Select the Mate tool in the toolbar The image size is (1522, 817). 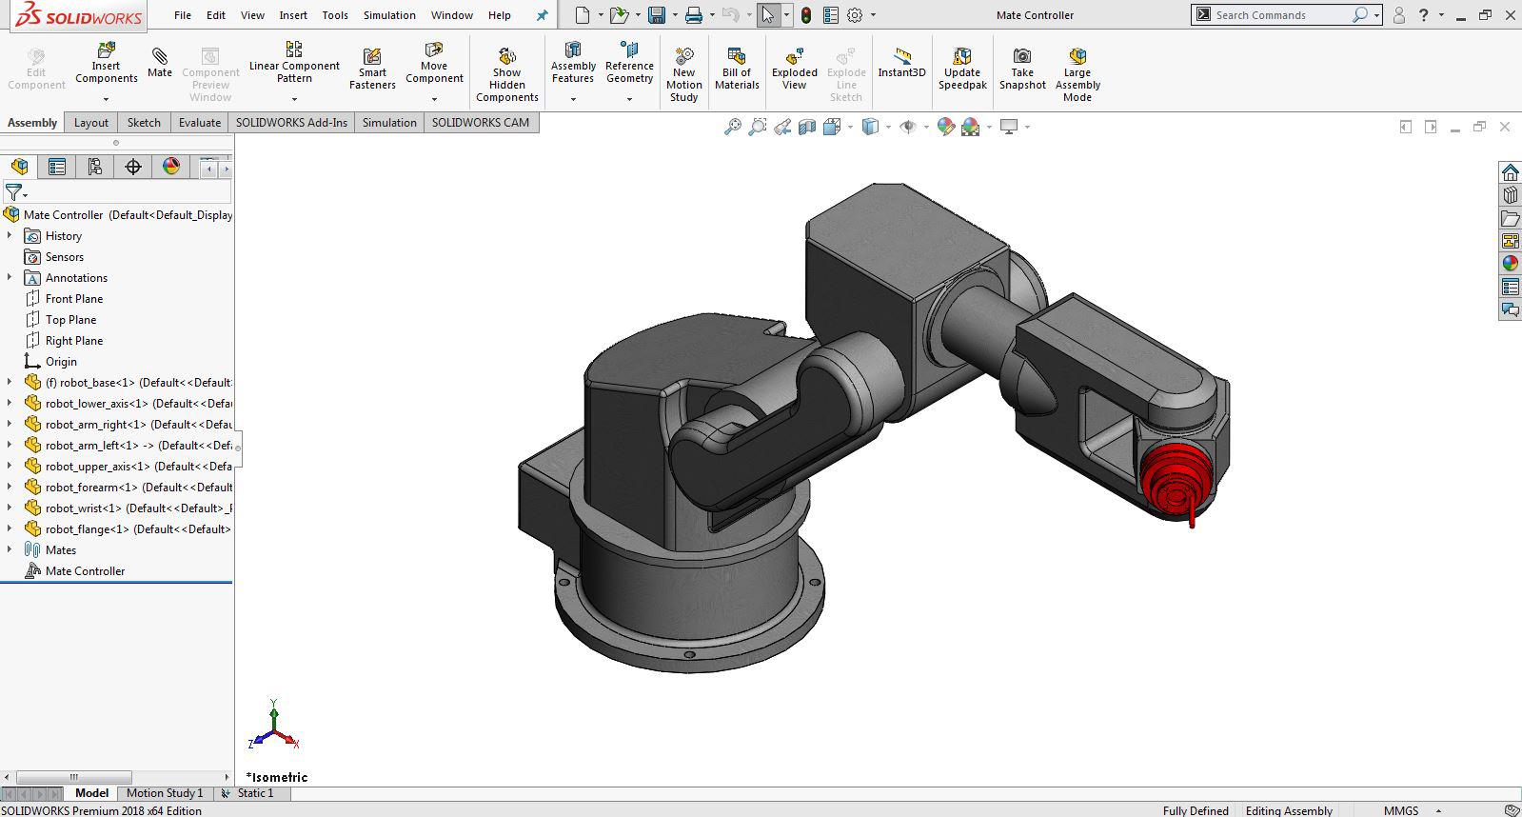[160, 62]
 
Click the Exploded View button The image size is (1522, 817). [794, 69]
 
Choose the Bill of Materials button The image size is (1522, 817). [737, 69]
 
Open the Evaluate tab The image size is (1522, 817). [200, 123]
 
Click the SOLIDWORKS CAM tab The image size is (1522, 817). [480, 123]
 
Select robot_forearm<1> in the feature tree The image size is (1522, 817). [138, 488]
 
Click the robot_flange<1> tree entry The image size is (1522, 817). [137, 529]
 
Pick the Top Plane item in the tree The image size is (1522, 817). [70, 320]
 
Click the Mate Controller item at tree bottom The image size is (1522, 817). [85, 571]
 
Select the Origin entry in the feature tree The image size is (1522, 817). [61, 362]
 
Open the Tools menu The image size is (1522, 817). [335, 15]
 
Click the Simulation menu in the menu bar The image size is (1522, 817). [389, 15]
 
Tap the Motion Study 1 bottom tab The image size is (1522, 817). [164, 793]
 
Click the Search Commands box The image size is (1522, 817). [1275, 15]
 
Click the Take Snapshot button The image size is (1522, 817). [1022, 69]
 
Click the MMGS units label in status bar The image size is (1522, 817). [1400, 810]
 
